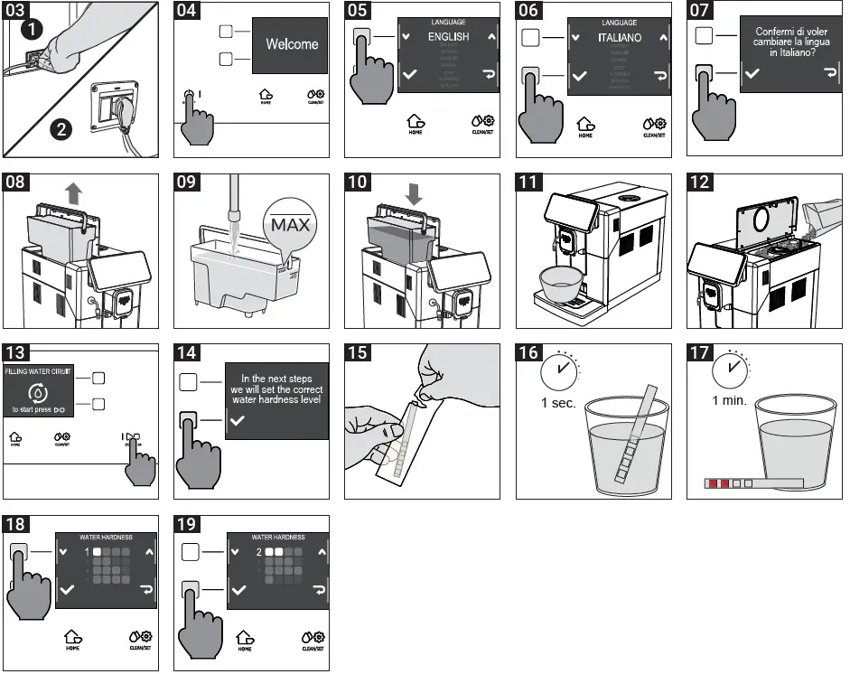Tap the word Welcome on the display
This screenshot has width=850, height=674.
tap(292, 43)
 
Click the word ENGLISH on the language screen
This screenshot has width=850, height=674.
tap(448, 37)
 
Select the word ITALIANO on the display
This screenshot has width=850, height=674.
tap(620, 38)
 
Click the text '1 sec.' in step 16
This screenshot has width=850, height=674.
tap(558, 403)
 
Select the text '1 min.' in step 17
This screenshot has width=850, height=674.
tap(729, 400)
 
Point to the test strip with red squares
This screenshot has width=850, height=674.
tap(753, 484)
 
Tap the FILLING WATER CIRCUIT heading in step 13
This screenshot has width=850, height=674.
tap(39, 370)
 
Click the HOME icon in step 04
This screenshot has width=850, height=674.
tap(265, 95)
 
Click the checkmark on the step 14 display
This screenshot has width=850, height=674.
tap(237, 421)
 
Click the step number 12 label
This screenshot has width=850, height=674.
tap(699, 182)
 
